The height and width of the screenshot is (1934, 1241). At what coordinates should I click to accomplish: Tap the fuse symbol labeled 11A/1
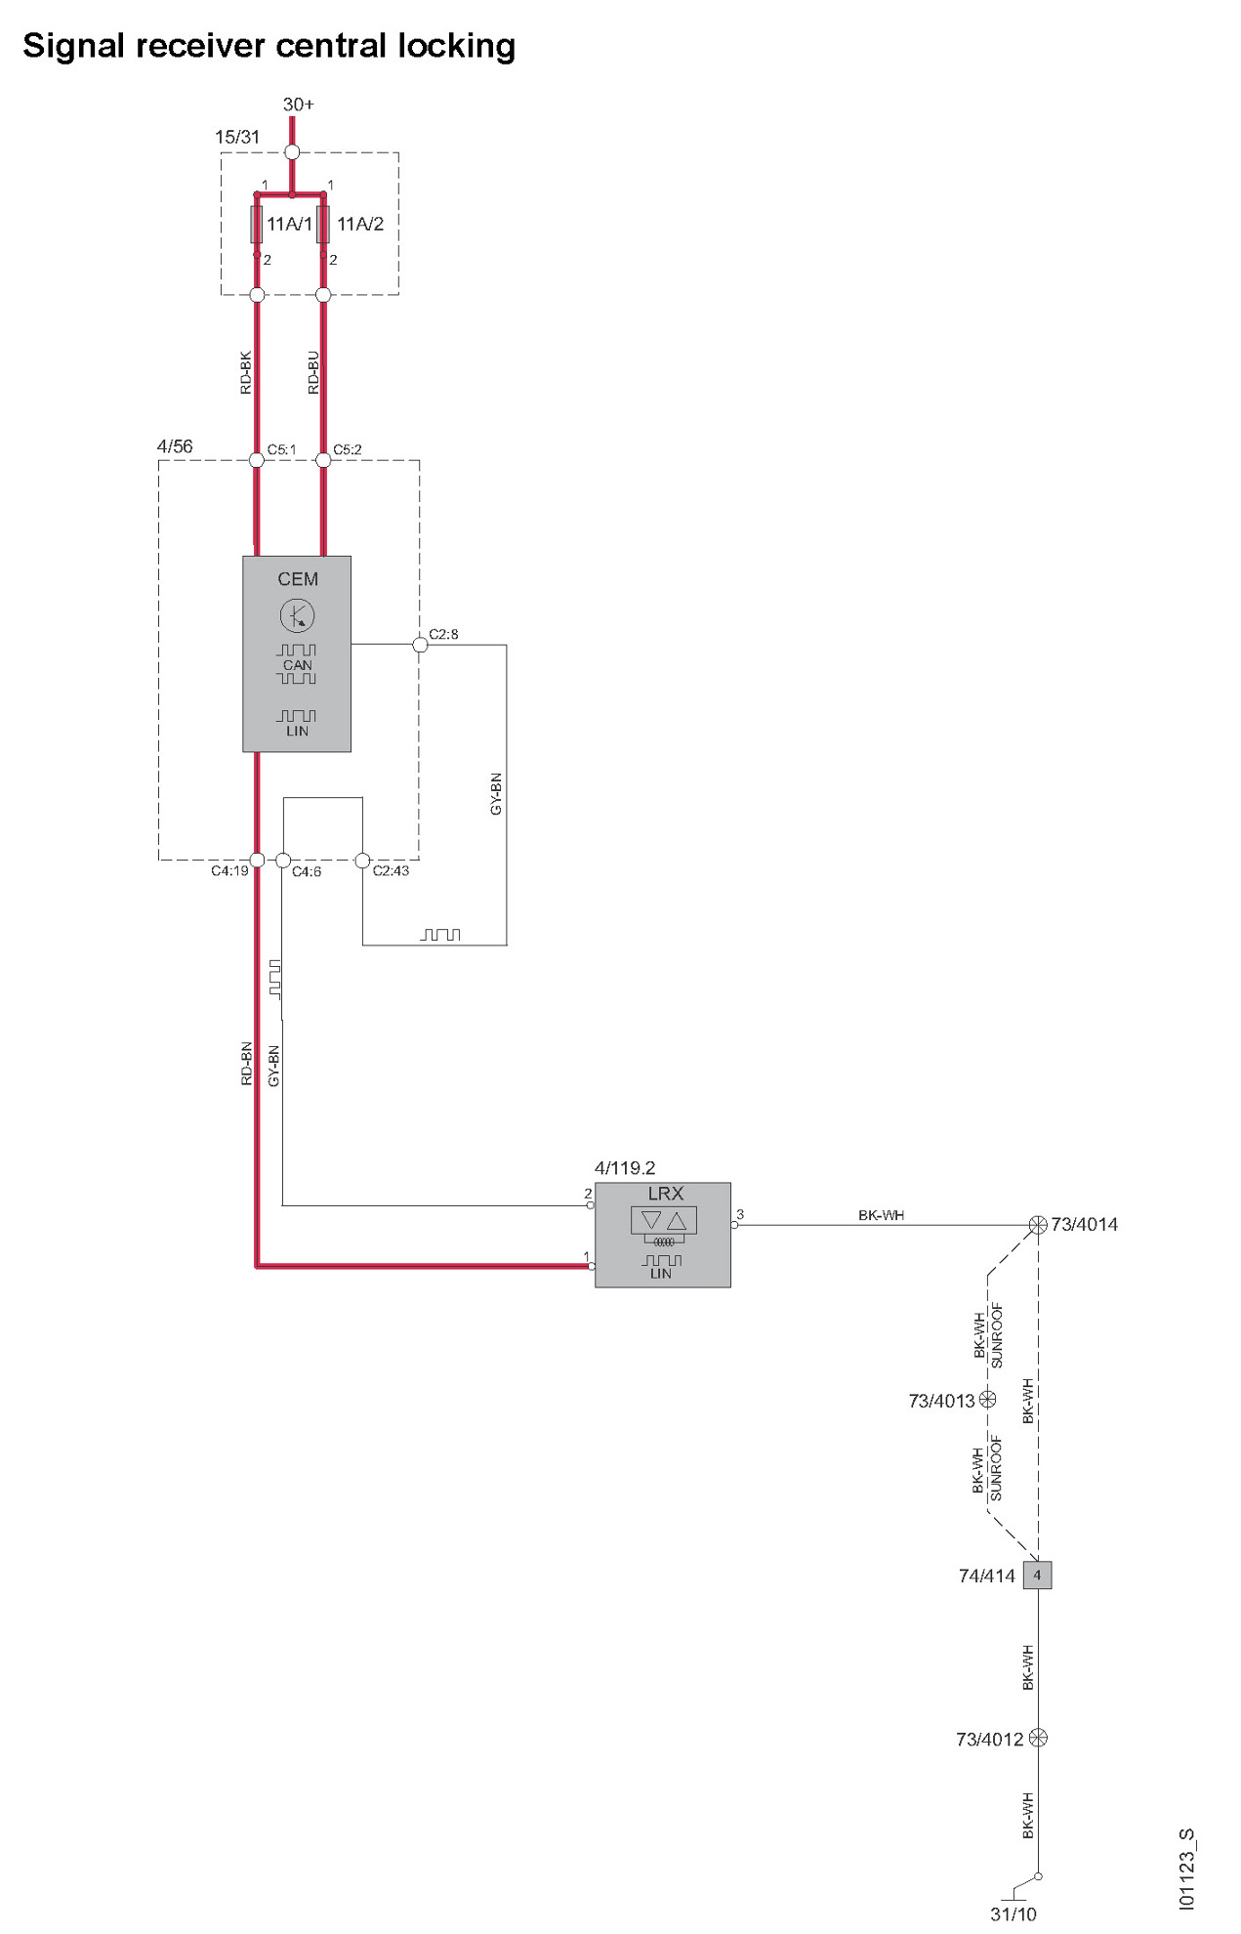point(257,225)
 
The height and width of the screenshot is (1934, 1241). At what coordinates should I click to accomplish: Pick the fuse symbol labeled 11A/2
point(323,225)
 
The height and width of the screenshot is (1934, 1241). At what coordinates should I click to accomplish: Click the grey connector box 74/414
point(1037,1575)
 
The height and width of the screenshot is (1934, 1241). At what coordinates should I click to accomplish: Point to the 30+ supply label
point(298,105)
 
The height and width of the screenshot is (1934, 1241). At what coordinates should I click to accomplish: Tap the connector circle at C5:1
point(257,460)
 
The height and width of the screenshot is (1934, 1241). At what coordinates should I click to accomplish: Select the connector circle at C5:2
point(323,460)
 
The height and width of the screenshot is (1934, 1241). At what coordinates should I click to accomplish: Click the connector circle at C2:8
point(420,645)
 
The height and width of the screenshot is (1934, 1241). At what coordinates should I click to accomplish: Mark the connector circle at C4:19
point(257,861)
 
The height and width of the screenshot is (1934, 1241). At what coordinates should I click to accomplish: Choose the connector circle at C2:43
point(362,861)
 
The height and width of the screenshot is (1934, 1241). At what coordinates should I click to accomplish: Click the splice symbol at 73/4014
point(1038,1225)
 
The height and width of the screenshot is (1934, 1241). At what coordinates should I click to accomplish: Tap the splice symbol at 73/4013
point(987,1399)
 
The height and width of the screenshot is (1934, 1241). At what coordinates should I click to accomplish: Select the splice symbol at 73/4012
point(1038,1738)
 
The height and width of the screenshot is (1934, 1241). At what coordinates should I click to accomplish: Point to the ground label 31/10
point(1013,1914)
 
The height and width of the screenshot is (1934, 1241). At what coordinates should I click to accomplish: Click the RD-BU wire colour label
point(313,372)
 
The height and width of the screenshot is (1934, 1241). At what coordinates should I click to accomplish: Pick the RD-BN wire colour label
point(247,1064)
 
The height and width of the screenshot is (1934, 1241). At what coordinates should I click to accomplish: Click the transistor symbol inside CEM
point(297,615)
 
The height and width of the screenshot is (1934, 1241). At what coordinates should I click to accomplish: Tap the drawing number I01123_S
point(1186,1869)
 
